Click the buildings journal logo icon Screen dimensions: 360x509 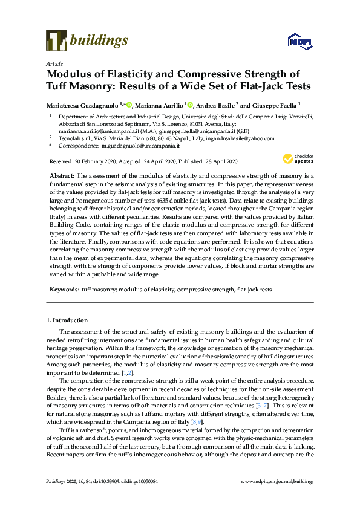[56, 40]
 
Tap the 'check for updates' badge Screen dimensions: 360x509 [296, 160]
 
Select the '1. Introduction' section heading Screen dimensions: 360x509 [67, 320]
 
